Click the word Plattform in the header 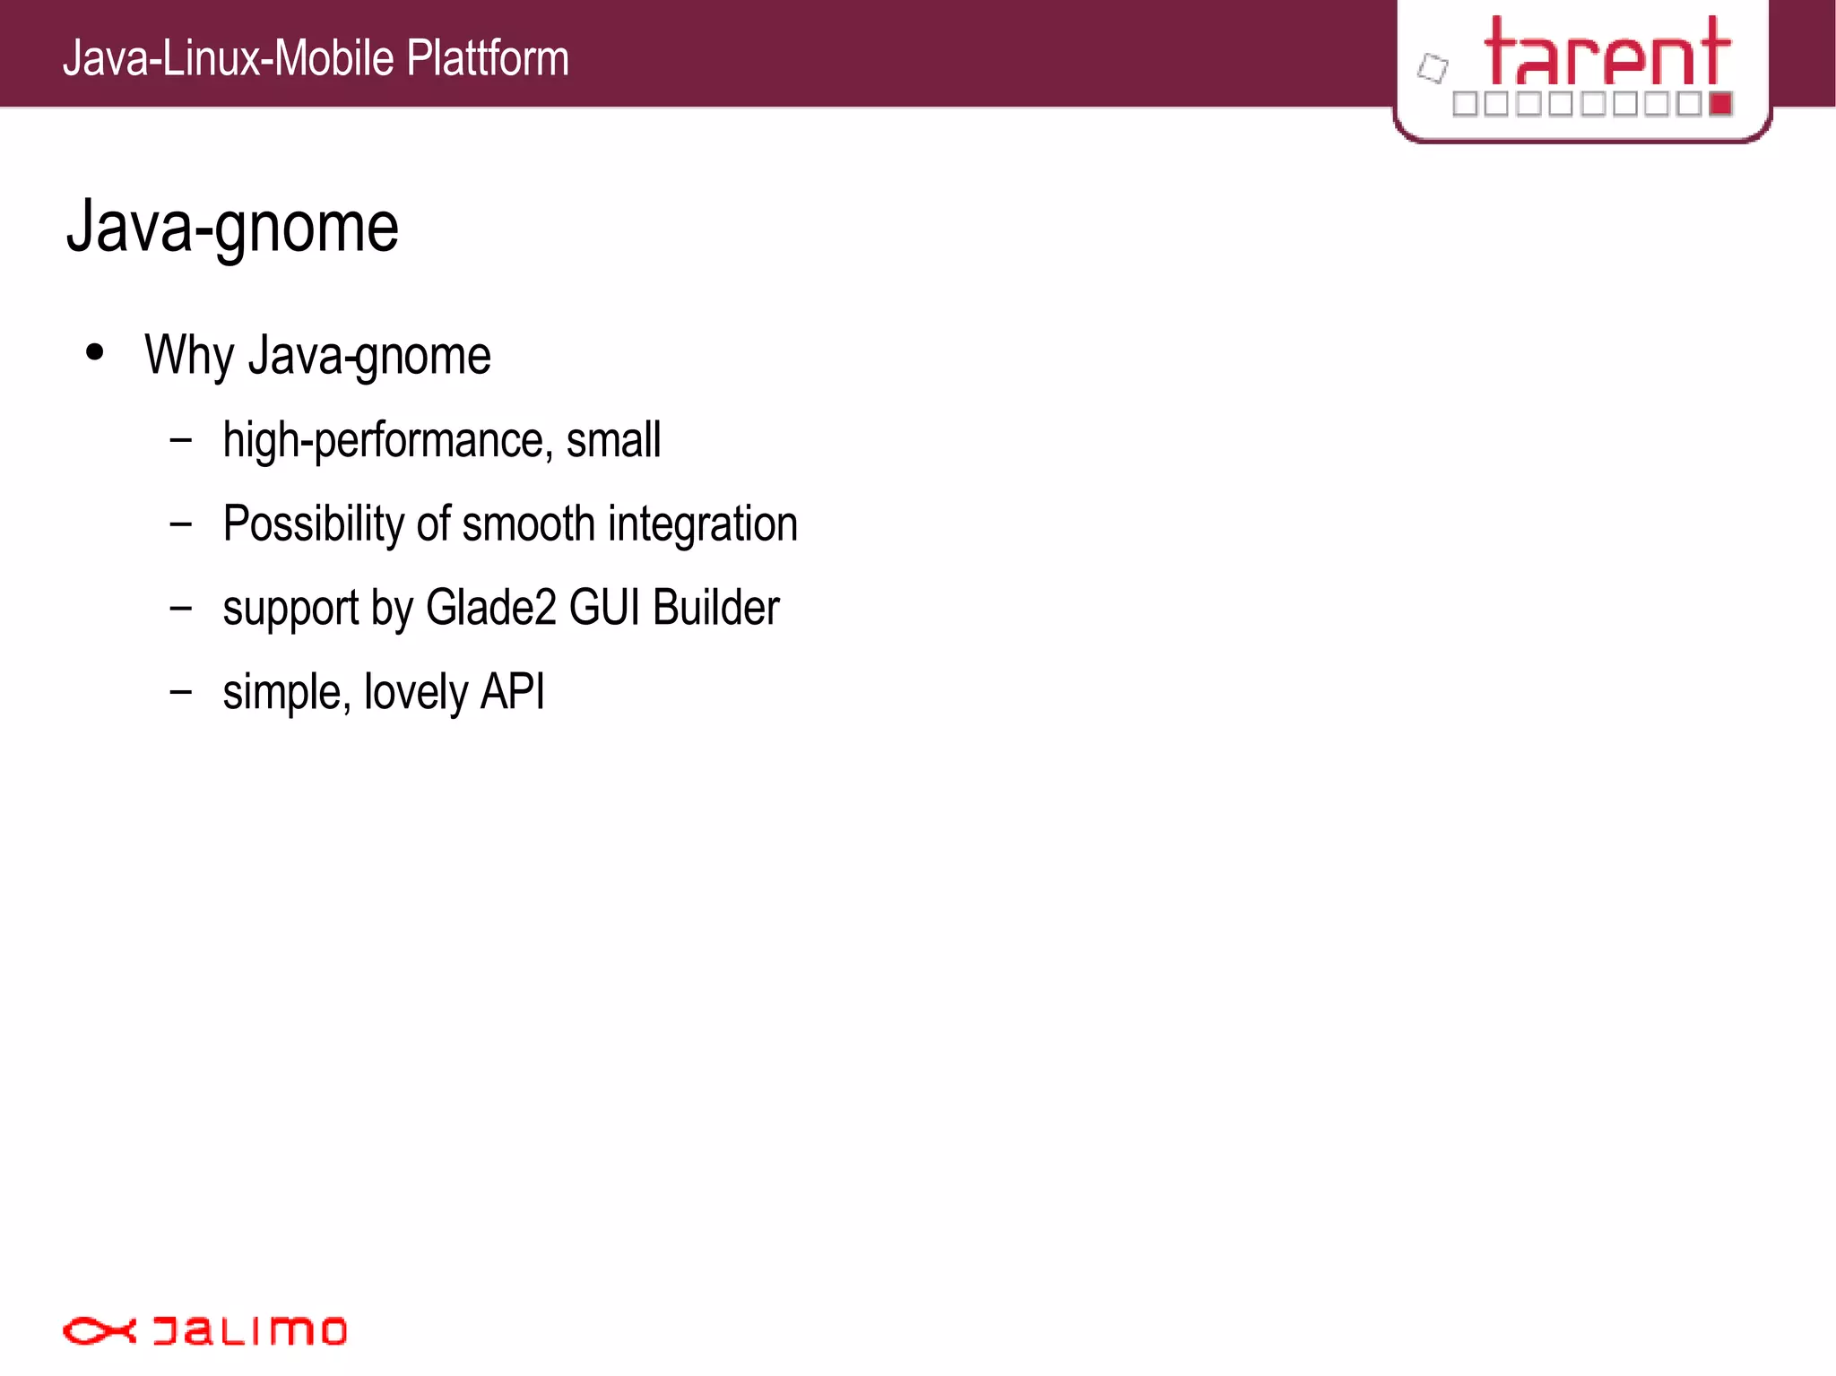point(487,58)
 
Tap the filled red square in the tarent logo point(1719,104)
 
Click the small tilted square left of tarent point(1433,68)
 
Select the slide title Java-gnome point(232,228)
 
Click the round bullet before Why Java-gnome point(95,352)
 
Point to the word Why point(189,356)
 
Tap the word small point(613,440)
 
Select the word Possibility point(313,524)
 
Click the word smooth point(528,524)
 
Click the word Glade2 point(491,608)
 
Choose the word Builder point(716,608)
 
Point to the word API point(513,692)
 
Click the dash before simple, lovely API point(181,692)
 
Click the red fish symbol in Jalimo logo point(99,1331)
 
